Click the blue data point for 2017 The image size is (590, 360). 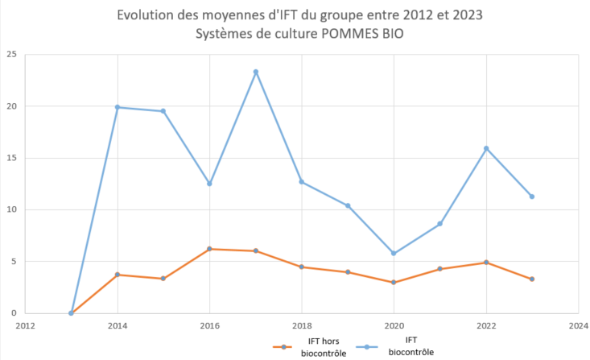pos(256,72)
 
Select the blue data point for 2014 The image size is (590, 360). pos(118,107)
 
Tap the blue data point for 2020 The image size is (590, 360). pos(394,253)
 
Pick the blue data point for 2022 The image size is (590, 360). pos(486,148)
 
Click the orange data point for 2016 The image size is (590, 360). pos(210,249)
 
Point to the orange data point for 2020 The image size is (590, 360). pos(394,282)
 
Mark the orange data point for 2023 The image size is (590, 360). pos(532,279)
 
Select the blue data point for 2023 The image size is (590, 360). pos(532,197)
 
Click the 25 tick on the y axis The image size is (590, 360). pos(11,55)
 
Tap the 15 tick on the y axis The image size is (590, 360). pos(11,158)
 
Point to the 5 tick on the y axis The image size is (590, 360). pos(14,261)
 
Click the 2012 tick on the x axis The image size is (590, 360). pos(26,327)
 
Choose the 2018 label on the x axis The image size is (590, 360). pos(302,327)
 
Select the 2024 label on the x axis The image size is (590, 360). pos(578,327)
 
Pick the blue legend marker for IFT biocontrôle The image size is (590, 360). pos(368,347)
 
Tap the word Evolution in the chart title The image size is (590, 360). pos(145,15)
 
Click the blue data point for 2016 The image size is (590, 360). pos(210,184)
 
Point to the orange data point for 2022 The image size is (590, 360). pos(486,263)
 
